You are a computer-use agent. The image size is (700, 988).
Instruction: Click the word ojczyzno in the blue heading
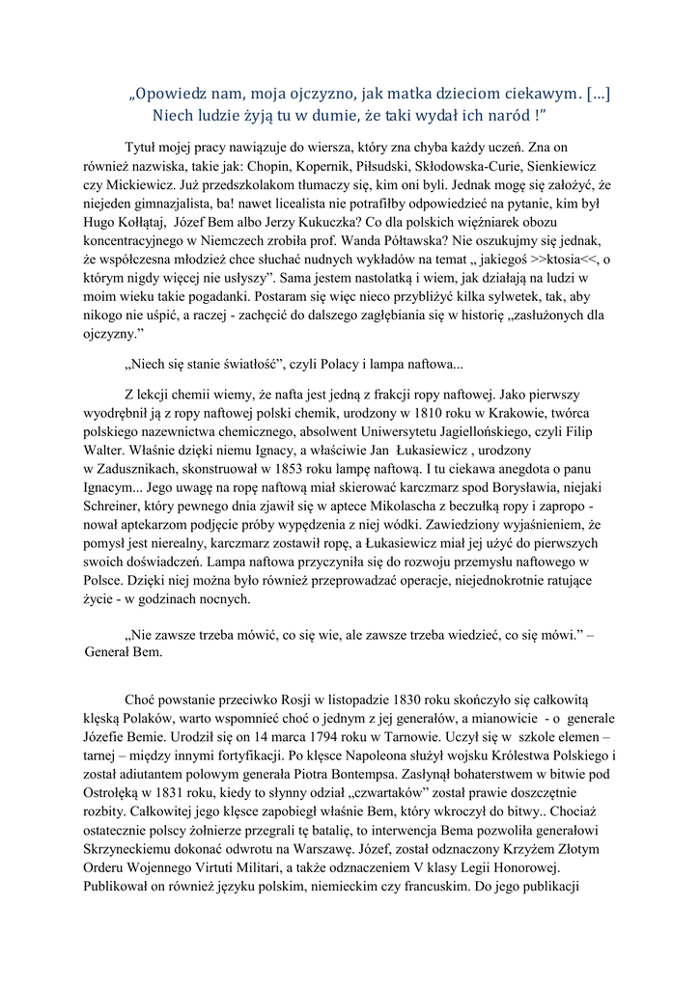318,95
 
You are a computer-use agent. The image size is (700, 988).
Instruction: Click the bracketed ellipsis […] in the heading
596,95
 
